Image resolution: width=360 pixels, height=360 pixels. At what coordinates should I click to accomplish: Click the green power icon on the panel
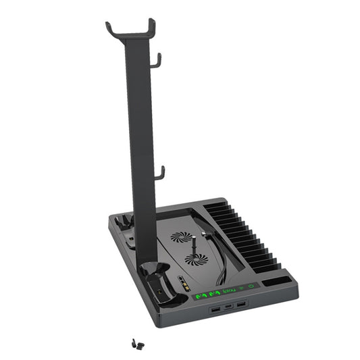pos(251,286)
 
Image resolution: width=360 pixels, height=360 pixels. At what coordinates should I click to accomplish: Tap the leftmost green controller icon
pos(201,295)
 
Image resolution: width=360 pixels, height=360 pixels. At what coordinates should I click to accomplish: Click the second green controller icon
pos(213,293)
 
